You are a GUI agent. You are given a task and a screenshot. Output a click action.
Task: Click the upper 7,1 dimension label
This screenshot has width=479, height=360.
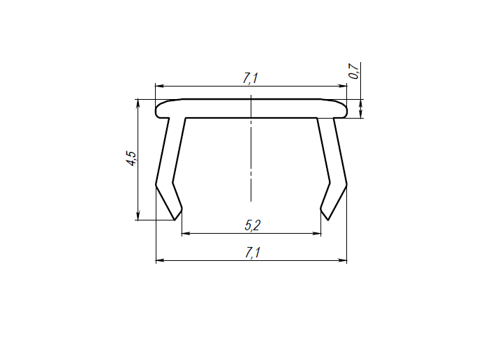tap(251, 78)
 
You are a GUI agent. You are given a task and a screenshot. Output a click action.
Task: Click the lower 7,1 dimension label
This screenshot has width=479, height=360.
tap(252, 253)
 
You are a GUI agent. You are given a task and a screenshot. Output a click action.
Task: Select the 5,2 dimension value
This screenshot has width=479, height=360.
tap(252, 225)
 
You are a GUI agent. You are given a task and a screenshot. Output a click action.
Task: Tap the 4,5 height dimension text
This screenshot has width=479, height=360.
tap(132, 158)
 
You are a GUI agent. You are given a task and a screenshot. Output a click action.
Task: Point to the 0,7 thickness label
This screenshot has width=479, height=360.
tap(353, 71)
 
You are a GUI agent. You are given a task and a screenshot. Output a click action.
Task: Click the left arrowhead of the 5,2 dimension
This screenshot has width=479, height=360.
tap(186, 233)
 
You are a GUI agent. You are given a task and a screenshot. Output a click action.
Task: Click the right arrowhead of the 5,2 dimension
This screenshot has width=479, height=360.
tap(317, 233)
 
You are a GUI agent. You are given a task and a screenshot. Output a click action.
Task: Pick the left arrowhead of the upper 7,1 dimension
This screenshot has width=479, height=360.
tap(159, 86)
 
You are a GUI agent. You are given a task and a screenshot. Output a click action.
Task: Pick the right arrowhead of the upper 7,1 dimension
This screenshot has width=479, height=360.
tap(343, 86)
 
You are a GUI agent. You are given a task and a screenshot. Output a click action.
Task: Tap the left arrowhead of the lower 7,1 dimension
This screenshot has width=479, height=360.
tap(160, 260)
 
